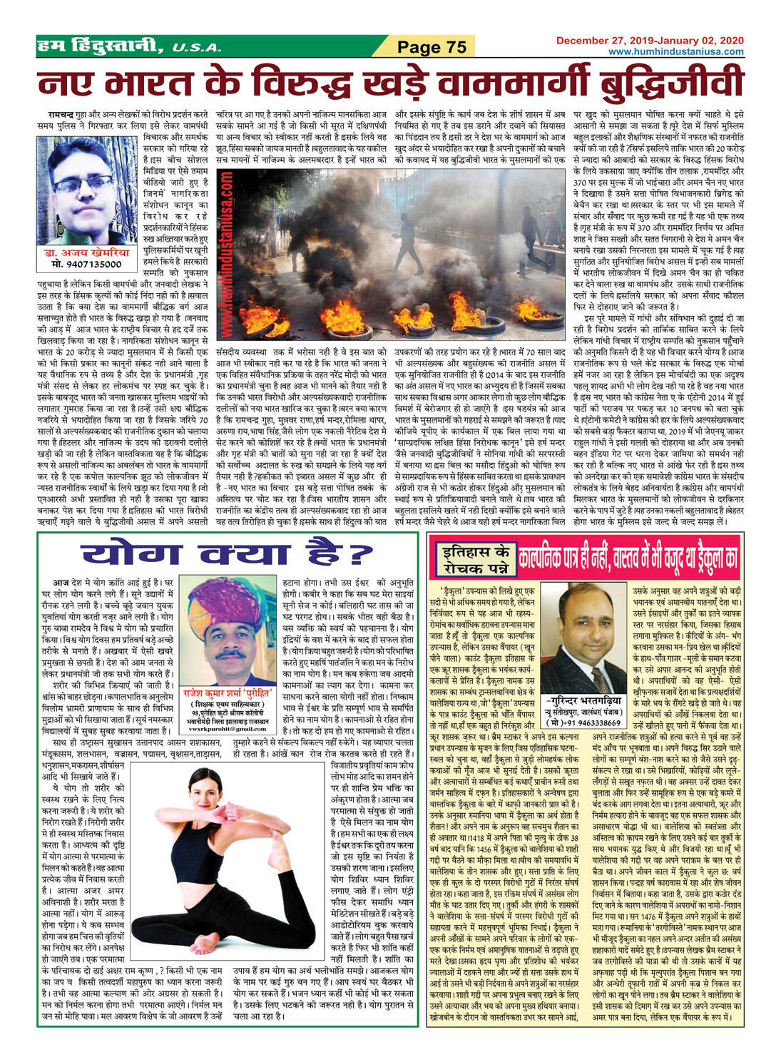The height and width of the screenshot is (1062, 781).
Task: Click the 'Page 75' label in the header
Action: (431, 48)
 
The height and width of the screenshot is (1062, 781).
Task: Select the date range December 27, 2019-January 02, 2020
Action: (649, 41)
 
